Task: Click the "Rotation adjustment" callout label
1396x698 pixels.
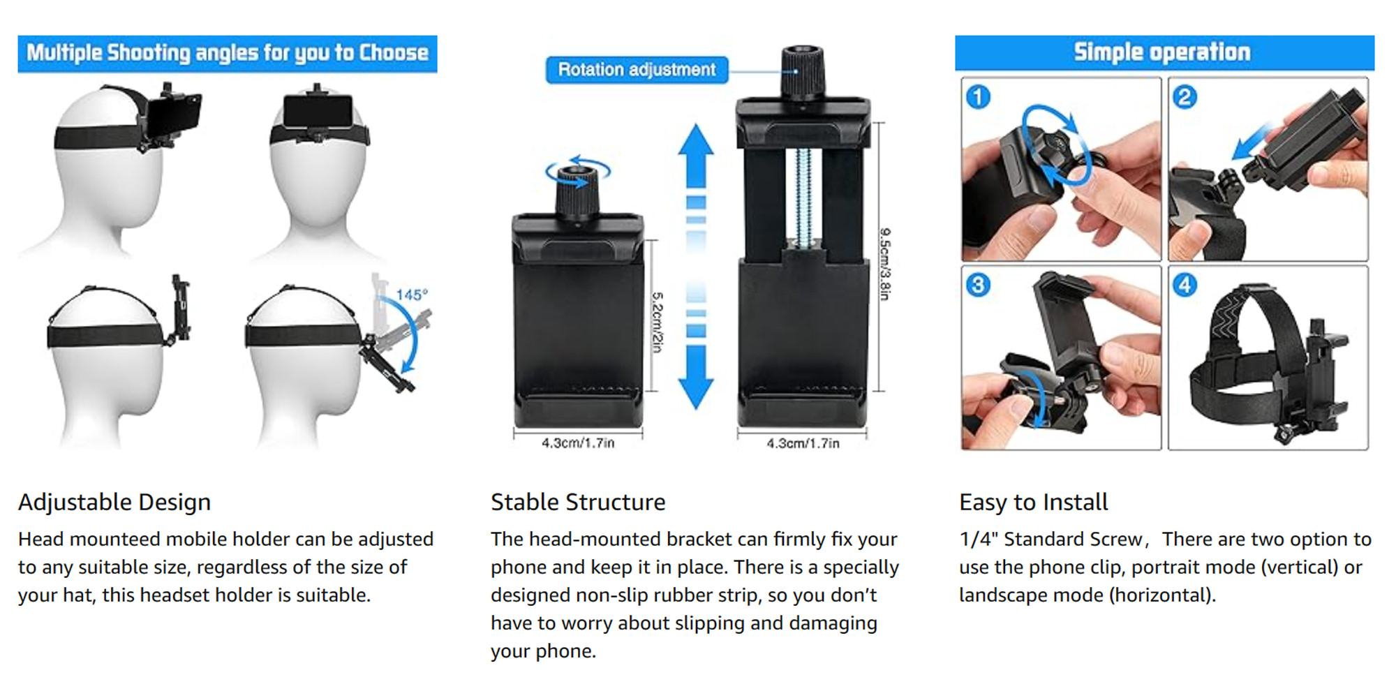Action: click(x=637, y=70)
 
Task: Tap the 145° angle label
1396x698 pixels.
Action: click(x=412, y=295)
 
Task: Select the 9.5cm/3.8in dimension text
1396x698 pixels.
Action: click(x=885, y=264)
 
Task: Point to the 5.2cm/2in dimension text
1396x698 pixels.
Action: click(x=657, y=322)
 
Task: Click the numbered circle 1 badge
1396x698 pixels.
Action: click(x=978, y=96)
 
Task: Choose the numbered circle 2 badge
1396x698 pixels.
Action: click(x=1185, y=96)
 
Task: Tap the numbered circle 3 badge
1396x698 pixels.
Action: click(x=978, y=285)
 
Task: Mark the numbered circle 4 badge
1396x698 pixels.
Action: click(x=1185, y=285)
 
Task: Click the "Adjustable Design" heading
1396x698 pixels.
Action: click(x=114, y=503)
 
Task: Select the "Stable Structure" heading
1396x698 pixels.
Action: click(x=578, y=503)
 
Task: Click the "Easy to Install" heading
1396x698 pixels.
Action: click(x=1033, y=503)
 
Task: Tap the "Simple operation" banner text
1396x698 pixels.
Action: click(x=1162, y=52)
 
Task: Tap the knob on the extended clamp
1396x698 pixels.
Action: click(x=803, y=71)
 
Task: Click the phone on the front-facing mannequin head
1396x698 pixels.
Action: click(x=318, y=112)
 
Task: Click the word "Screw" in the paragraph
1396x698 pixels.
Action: click(x=1115, y=540)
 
